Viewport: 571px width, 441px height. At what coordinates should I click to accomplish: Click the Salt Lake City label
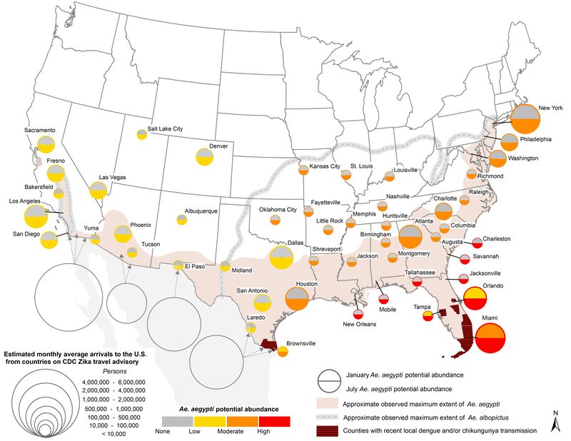[165, 128]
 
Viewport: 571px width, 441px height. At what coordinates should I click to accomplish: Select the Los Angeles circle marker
[36, 216]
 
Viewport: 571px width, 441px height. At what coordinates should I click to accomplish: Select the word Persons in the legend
[70, 371]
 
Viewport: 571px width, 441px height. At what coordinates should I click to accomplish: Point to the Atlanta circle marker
[410, 236]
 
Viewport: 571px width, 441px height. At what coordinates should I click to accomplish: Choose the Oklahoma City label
[277, 209]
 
